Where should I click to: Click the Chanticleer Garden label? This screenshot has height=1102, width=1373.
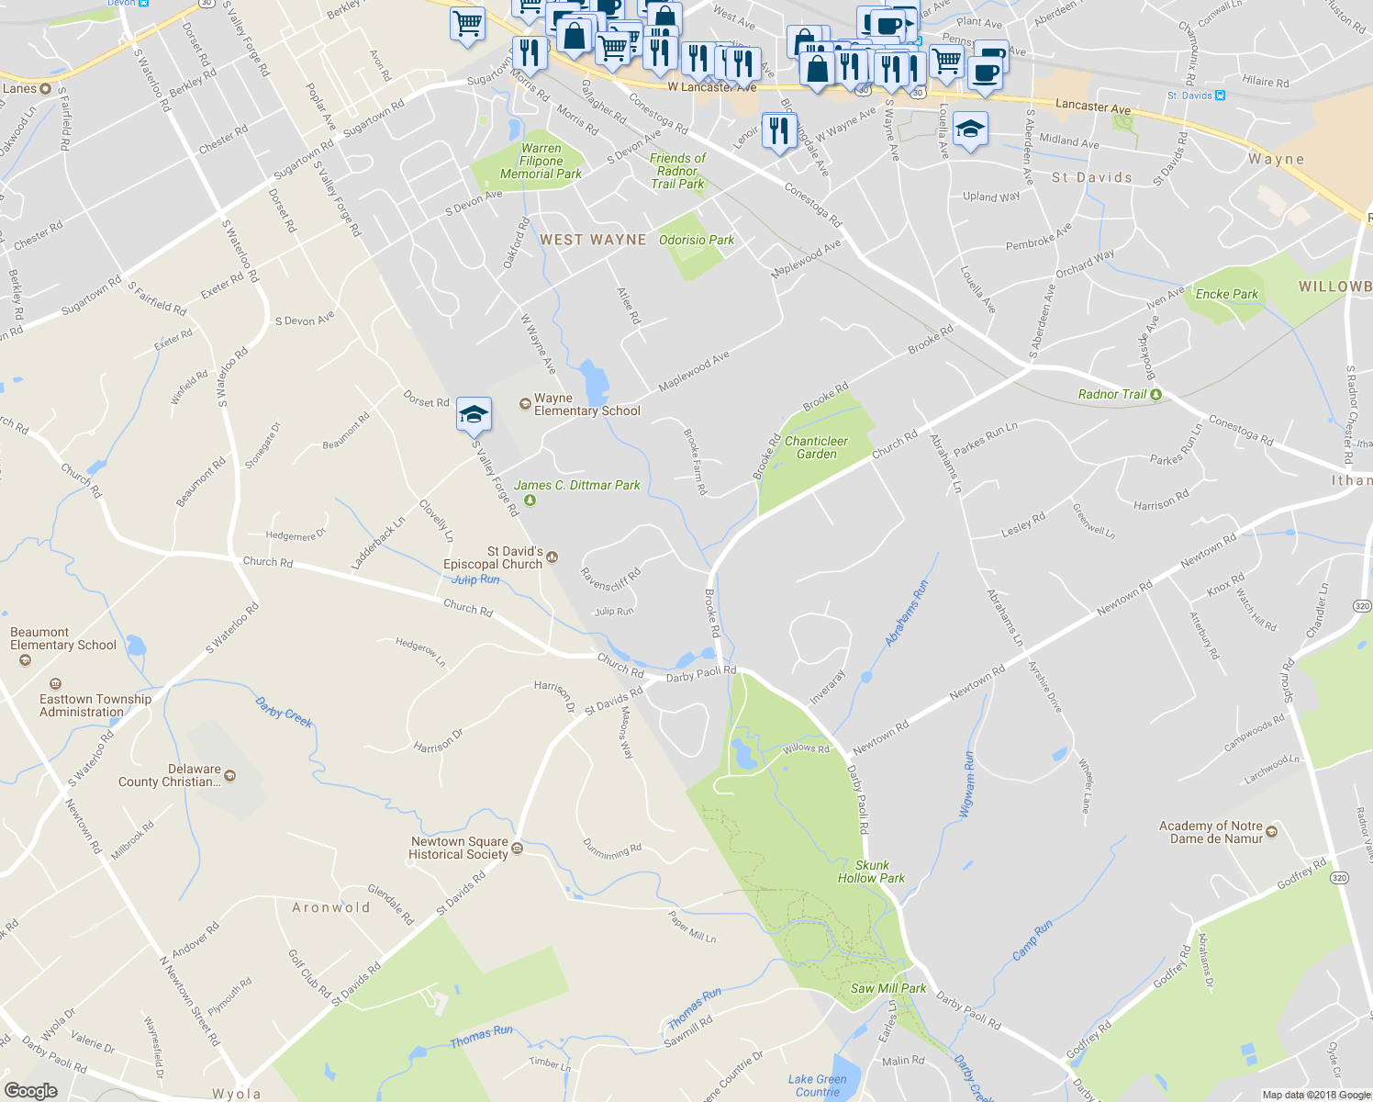click(816, 447)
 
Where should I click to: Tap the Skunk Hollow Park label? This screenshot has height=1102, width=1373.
click(871, 871)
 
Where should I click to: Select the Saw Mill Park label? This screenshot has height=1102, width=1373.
click(887, 988)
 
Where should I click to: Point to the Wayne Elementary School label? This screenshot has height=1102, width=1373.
click(586, 405)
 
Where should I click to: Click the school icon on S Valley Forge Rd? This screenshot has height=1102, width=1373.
click(474, 415)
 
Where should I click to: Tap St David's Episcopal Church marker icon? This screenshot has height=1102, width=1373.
click(553, 557)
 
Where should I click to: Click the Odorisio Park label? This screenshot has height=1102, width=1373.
click(697, 240)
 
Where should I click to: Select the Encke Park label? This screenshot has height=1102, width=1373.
click(1226, 294)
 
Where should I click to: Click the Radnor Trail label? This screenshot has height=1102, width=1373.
click(1112, 394)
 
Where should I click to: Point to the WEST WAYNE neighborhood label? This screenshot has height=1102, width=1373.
click(593, 240)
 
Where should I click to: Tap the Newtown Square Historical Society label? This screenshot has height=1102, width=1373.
click(459, 848)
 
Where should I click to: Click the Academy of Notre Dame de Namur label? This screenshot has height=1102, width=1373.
click(1211, 832)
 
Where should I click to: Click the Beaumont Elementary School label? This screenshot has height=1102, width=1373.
click(63, 638)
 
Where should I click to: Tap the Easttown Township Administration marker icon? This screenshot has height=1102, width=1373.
click(55, 684)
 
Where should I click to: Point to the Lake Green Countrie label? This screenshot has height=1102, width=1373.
click(817, 1085)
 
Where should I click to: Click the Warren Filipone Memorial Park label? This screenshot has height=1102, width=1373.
click(541, 161)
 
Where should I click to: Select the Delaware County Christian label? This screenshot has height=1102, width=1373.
click(169, 775)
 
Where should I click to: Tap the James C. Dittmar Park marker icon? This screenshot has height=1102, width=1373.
click(530, 500)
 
